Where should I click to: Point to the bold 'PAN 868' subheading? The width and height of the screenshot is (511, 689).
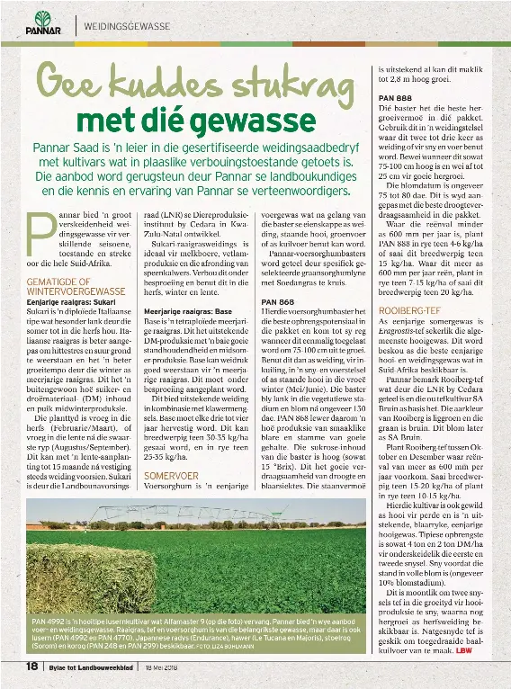(277, 301)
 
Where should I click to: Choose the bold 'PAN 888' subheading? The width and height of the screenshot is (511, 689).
(396, 98)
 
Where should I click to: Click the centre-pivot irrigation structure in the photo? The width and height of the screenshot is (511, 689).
(270, 518)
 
